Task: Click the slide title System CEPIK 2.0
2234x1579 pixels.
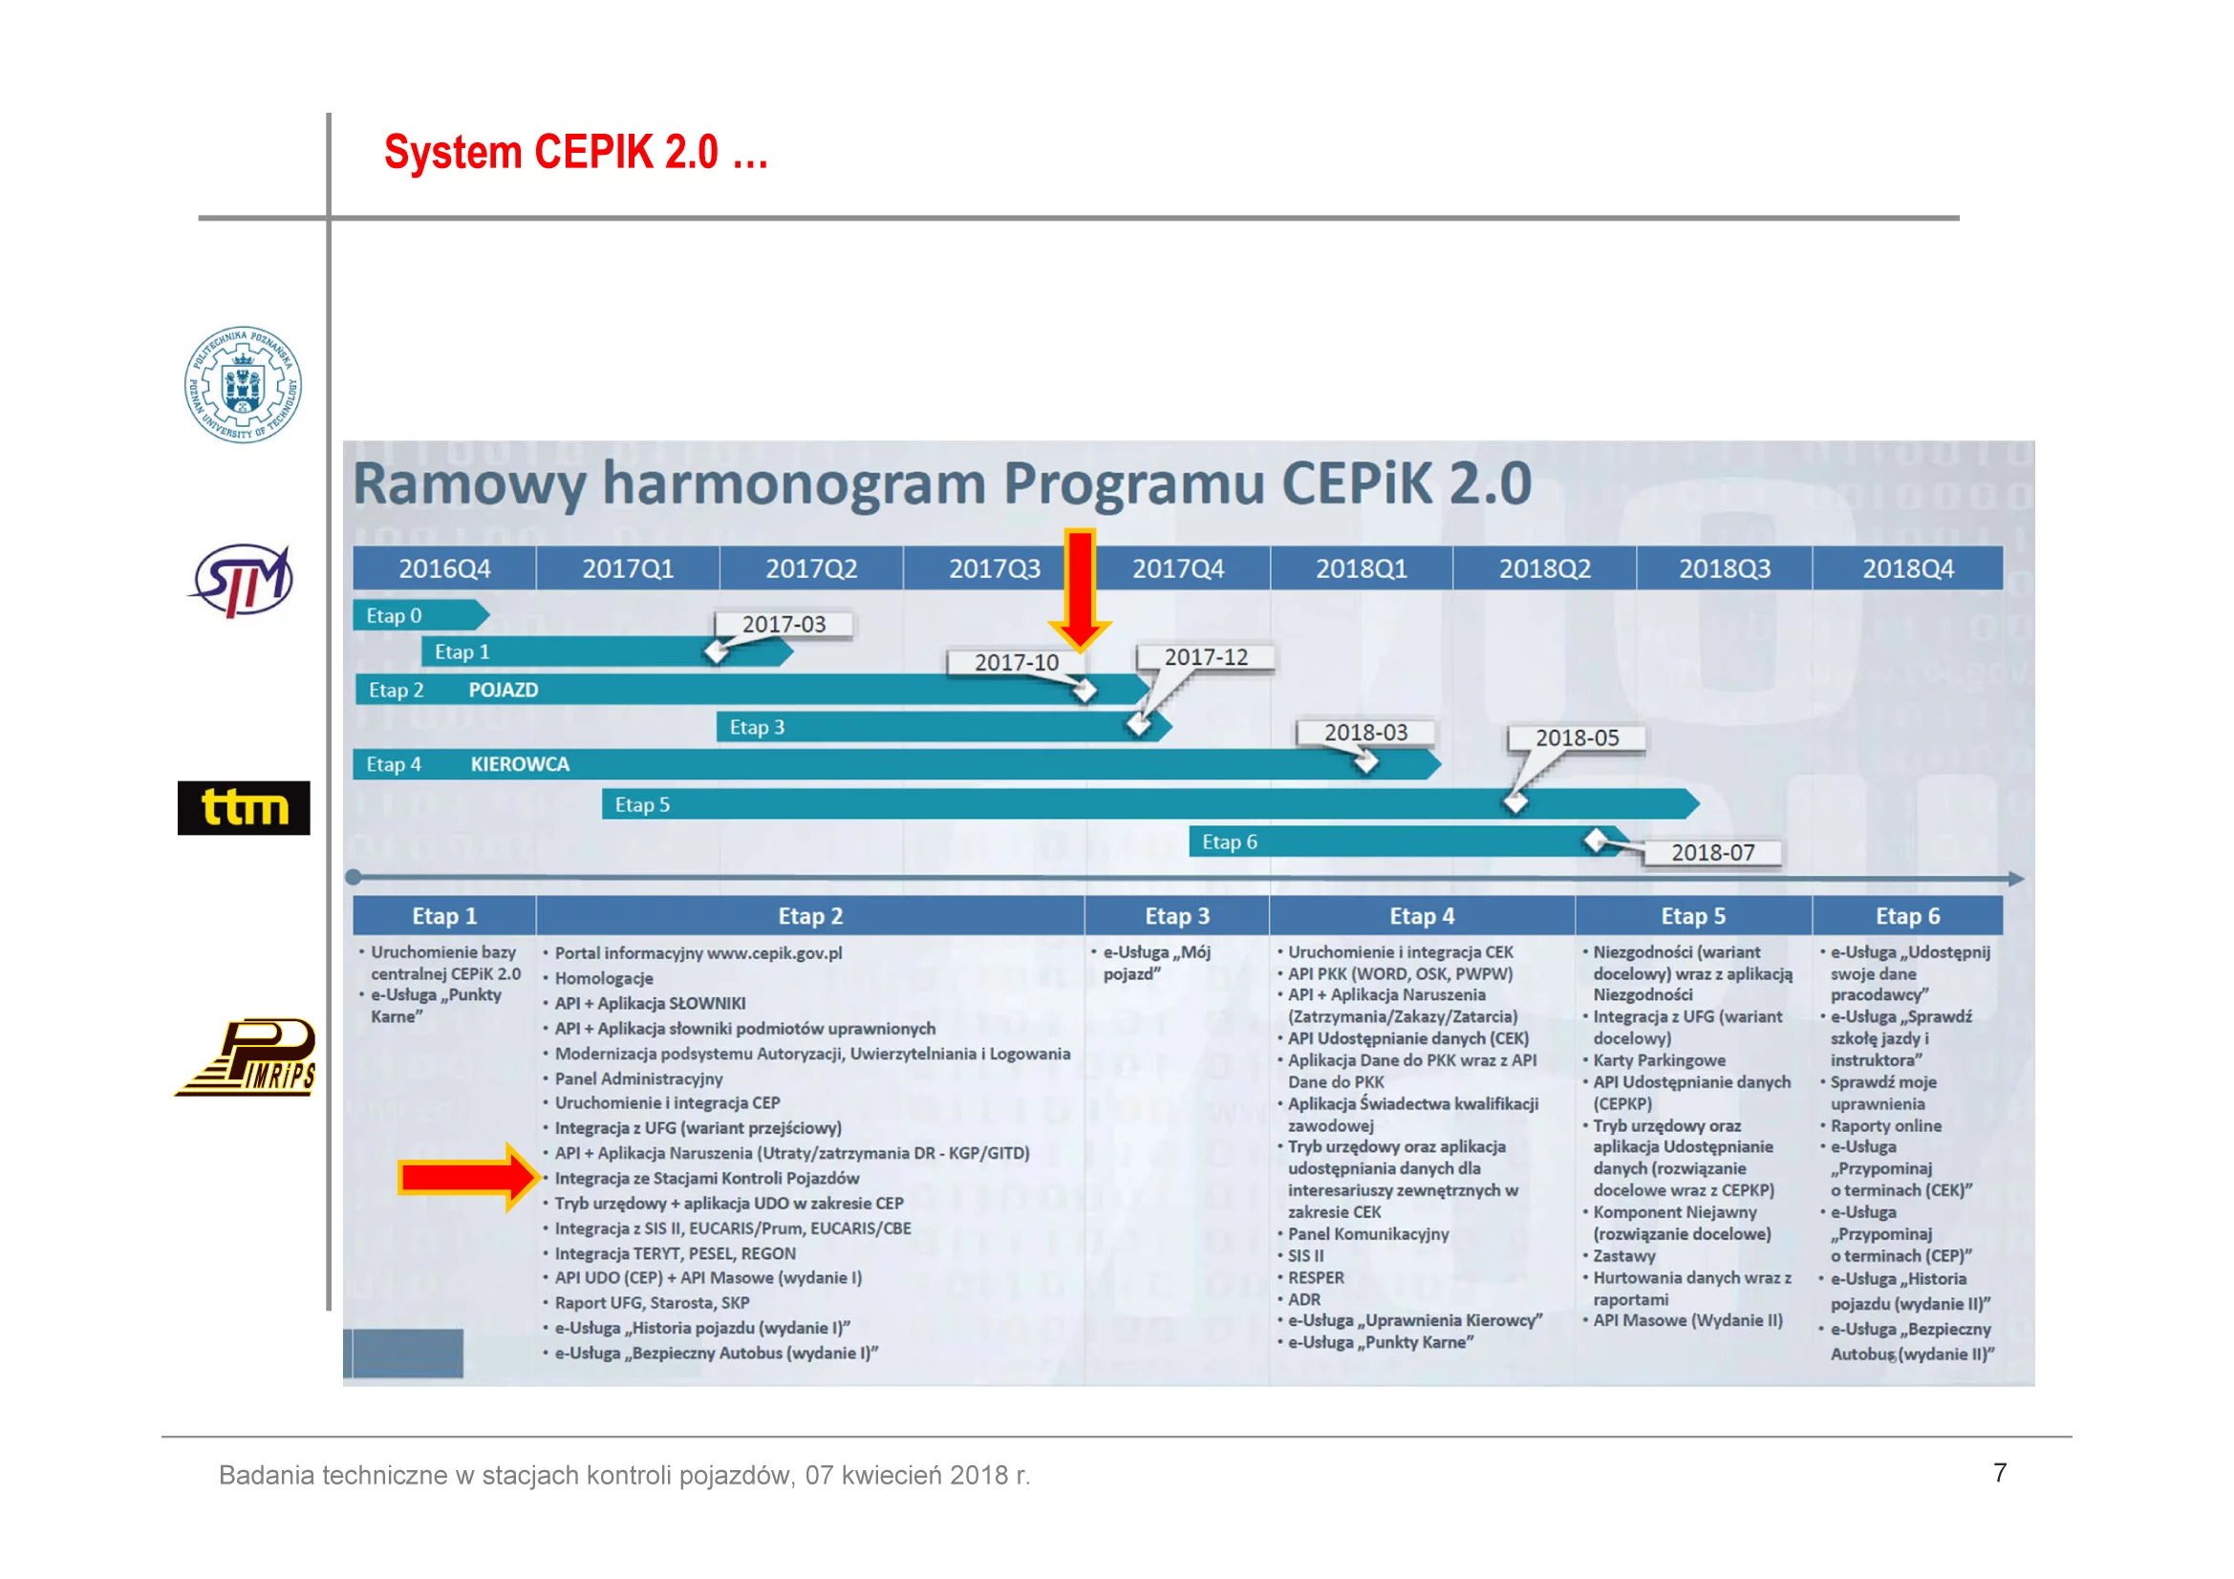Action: click(x=576, y=153)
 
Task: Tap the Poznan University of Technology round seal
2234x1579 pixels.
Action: click(x=244, y=384)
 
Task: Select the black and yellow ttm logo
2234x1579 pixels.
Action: click(x=244, y=807)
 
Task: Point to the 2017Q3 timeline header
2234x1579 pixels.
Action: click(x=995, y=568)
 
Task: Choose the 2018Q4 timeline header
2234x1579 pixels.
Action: click(x=1908, y=568)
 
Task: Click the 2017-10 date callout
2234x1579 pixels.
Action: click(x=1017, y=663)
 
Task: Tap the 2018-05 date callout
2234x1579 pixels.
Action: click(x=1578, y=738)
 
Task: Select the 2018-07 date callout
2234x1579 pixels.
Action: click(x=1712, y=853)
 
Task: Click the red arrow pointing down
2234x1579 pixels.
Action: click(x=1080, y=589)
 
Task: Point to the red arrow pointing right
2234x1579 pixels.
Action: click(x=468, y=1178)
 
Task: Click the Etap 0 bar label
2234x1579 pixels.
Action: click(x=394, y=616)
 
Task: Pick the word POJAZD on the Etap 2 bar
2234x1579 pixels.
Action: click(x=503, y=690)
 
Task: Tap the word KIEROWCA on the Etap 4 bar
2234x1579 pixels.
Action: click(x=521, y=765)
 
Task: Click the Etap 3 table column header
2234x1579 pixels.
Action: click(x=1177, y=916)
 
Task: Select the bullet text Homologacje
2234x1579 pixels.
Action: click(x=603, y=979)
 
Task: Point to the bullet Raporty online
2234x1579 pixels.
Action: click(x=1885, y=1125)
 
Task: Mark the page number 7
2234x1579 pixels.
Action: click(x=2000, y=1473)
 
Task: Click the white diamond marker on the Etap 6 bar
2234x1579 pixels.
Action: click(x=1596, y=840)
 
